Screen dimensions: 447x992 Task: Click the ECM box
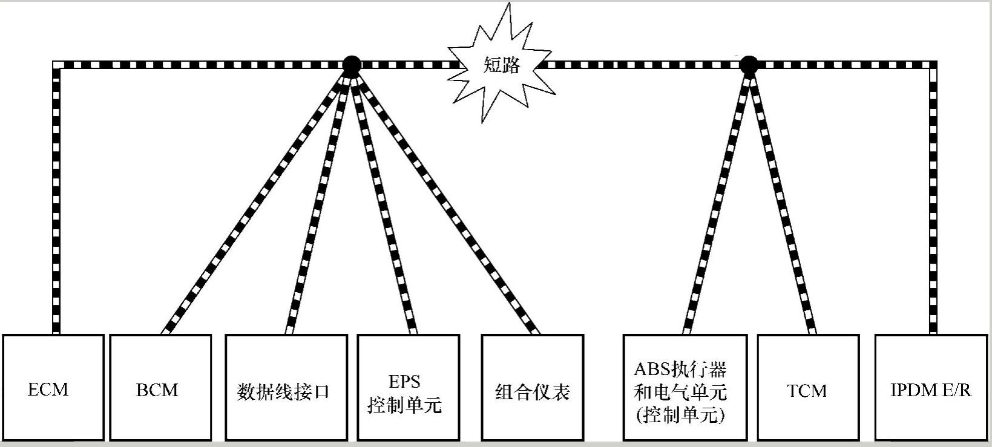[53, 388]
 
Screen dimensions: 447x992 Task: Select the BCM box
[160, 388]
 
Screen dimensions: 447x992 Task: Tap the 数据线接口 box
[286, 388]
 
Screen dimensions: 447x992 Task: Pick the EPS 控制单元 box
[408, 388]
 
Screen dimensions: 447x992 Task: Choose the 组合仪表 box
[533, 388]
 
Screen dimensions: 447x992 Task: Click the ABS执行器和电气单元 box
[685, 388]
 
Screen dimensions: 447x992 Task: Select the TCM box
[808, 388]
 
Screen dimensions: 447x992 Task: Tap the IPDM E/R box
[931, 388]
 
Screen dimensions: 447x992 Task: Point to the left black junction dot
[351, 64]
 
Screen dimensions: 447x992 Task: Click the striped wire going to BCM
[257, 200]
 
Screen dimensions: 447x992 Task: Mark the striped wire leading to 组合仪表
[445, 200]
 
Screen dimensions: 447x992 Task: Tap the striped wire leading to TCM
[781, 200]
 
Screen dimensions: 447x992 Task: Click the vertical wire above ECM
[56, 200]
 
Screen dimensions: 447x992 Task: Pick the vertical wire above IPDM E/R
[933, 200]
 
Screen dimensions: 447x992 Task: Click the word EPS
[404, 381]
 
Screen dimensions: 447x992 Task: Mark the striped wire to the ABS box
[717, 200]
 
